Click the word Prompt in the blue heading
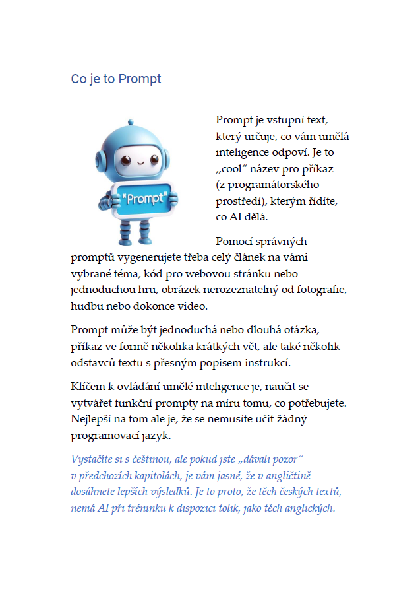(x=139, y=79)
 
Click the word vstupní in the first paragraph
(x=283, y=120)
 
